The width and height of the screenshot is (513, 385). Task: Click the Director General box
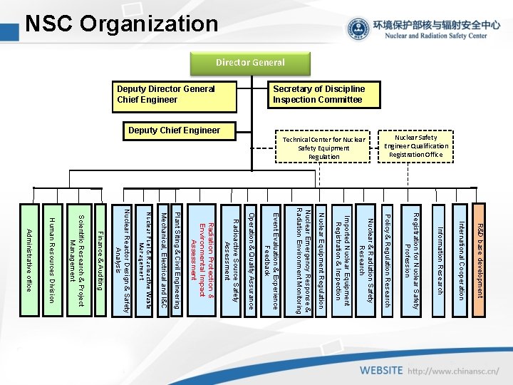251,62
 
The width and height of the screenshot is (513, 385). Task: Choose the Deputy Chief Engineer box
174,130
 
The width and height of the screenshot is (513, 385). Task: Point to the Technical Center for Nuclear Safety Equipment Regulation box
323,148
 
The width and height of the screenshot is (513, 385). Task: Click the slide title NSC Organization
121,24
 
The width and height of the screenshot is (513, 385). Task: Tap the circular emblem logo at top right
358,29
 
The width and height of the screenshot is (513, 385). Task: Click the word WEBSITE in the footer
381,371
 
